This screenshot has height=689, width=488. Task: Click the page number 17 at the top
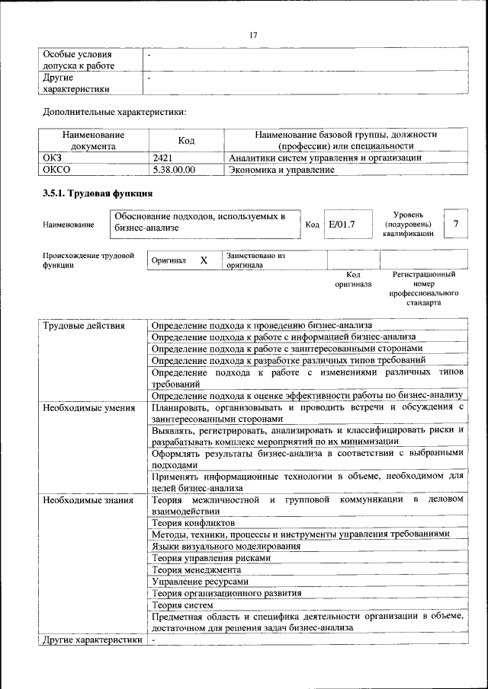254,34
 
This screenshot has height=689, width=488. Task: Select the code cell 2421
164,158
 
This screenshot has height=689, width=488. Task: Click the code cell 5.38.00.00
174,170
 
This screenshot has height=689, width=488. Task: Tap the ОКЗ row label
52,158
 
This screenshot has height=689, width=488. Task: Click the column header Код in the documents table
187,140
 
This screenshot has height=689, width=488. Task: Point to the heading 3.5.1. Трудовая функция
97,194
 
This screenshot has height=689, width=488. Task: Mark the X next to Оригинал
204,260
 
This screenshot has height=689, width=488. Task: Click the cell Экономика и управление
281,170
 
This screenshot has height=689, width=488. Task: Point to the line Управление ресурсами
199,581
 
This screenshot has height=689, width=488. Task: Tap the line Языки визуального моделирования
226,546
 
